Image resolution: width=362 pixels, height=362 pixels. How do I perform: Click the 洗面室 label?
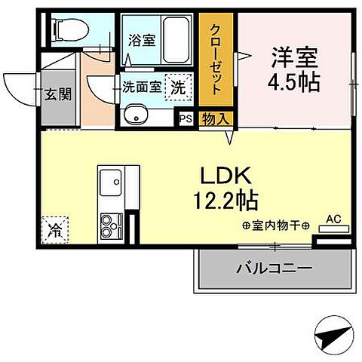tap(141, 87)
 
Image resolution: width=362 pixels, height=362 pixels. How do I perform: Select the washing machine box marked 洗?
tap(178, 87)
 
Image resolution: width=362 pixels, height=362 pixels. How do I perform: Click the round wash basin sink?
tap(137, 116)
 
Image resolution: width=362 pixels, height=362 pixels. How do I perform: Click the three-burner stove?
tap(112, 223)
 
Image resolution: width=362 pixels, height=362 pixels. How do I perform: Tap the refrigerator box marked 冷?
tap(56, 225)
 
